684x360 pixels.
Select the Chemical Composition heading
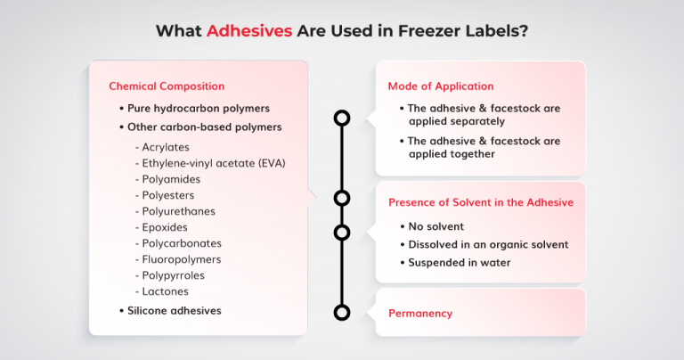coord(167,86)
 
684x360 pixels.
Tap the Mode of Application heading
coord(440,86)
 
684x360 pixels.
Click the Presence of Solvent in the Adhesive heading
coord(480,202)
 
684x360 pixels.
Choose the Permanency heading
coord(420,314)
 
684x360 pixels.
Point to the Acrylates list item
coord(166,147)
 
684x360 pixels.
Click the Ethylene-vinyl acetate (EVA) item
coord(214,163)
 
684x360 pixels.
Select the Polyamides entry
coord(170,179)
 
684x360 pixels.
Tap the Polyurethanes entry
coord(178,211)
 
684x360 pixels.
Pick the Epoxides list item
coord(166,227)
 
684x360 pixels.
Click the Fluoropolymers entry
coord(182,259)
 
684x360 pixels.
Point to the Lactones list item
coord(165,291)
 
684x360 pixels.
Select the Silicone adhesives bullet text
coord(175,311)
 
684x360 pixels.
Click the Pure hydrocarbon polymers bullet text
coord(199,108)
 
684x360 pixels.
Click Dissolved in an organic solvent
coord(488,244)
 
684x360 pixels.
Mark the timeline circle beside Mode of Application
coord(341,118)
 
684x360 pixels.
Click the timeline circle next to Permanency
coord(341,312)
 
